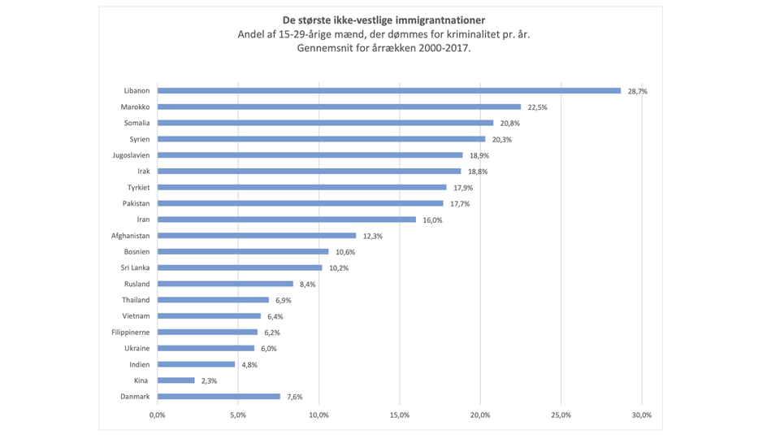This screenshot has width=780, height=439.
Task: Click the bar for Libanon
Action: [x=388, y=91]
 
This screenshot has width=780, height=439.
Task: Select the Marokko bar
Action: [x=339, y=106]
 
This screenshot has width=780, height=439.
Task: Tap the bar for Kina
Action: [x=176, y=380]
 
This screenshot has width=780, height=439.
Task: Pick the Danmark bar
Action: [x=219, y=397]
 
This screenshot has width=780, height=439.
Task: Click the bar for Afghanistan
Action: [x=257, y=236]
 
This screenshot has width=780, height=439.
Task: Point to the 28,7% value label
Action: [x=638, y=91]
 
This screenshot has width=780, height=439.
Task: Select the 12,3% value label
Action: [x=372, y=236]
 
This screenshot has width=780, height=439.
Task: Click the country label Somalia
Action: [x=136, y=123]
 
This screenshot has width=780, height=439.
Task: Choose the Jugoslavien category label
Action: [x=131, y=155]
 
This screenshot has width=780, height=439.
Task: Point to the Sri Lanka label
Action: [x=135, y=267]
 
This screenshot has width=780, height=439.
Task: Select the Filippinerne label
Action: [x=131, y=332]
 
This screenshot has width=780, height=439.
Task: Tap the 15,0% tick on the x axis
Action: [x=400, y=415]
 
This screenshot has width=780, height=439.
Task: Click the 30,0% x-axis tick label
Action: [x=642, y=415]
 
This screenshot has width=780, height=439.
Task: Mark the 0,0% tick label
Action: [x=158, y=415]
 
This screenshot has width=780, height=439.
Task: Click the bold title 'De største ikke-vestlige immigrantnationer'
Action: [x=384, y=20]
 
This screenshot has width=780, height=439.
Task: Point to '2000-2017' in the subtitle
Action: [x=445, y=48]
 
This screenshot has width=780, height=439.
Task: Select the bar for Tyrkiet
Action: [x=301, y=187]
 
